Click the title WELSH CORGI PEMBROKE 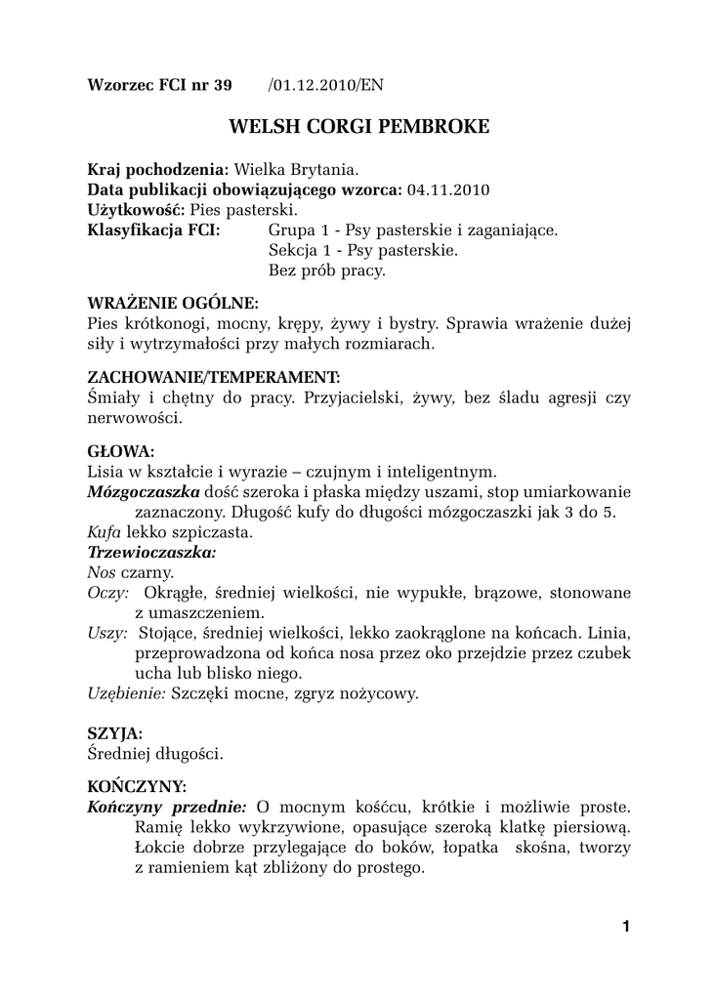coord(358,128)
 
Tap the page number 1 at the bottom coord(625,927)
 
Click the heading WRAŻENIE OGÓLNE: coord(173,303)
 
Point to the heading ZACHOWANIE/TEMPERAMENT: coord(214,377)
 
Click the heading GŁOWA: coord(121,451)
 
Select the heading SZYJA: coord(115,732)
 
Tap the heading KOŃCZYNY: coord(138,786)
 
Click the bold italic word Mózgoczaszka coord(145,492)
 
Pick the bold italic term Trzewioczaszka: coord(151,552)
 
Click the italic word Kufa coord(104,532)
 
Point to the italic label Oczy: coord(108,593)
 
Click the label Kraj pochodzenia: coord(158,169)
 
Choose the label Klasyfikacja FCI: coord(153,230)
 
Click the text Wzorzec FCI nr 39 coord(160,85)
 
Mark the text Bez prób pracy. coord(326,271)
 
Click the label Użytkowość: coord(137,210)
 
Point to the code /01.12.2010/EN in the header coord(324,85)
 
